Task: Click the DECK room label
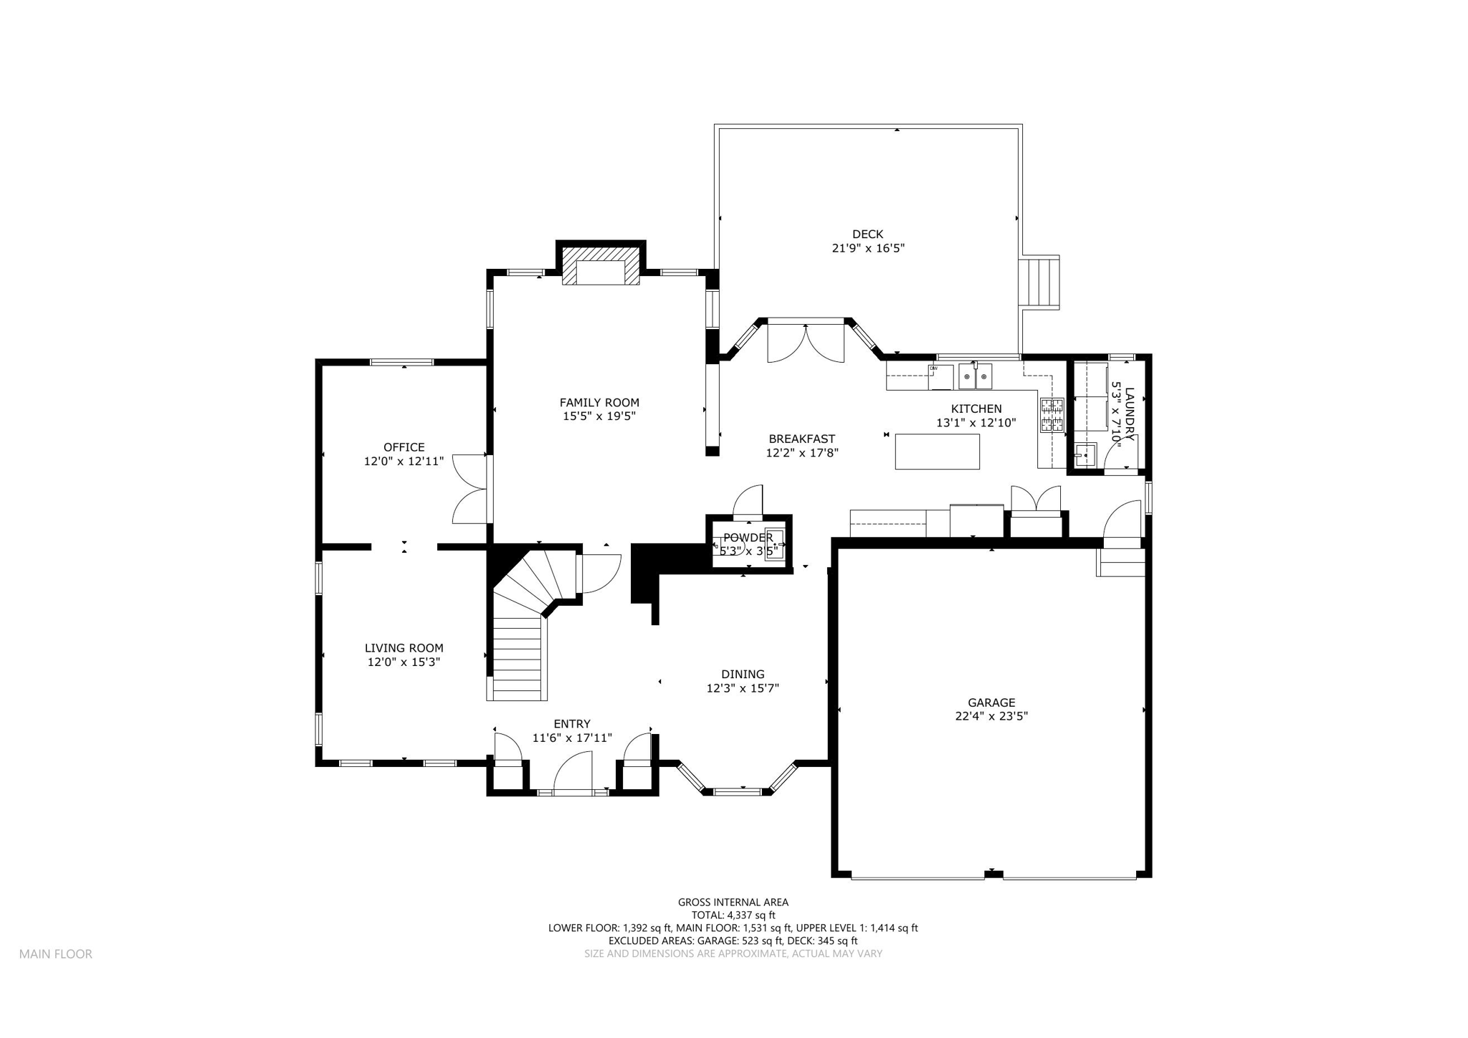click(x=867, y=234)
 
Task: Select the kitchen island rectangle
click(x=937, y=452)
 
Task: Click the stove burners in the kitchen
click(x=1052, y=416)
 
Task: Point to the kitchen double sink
click(x=976, y=376)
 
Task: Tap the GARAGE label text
click(x=991, y=703)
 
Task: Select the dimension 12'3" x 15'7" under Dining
click(x=743, y=688)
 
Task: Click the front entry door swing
click(x=573, y=773)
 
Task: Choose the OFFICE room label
click(x=404, y=447)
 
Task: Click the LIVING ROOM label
click(x=404, y=648)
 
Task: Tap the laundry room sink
click(x=1085, y=454)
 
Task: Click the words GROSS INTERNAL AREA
click(x=733, y=903)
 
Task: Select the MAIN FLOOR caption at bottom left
click(x=56, y=954)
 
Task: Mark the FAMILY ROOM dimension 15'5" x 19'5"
click(x=599, y=416)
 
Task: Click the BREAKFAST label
click(x=802, y=439)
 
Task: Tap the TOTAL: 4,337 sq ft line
click(x=733, y=915)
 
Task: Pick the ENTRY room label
click(x=572, y=724)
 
